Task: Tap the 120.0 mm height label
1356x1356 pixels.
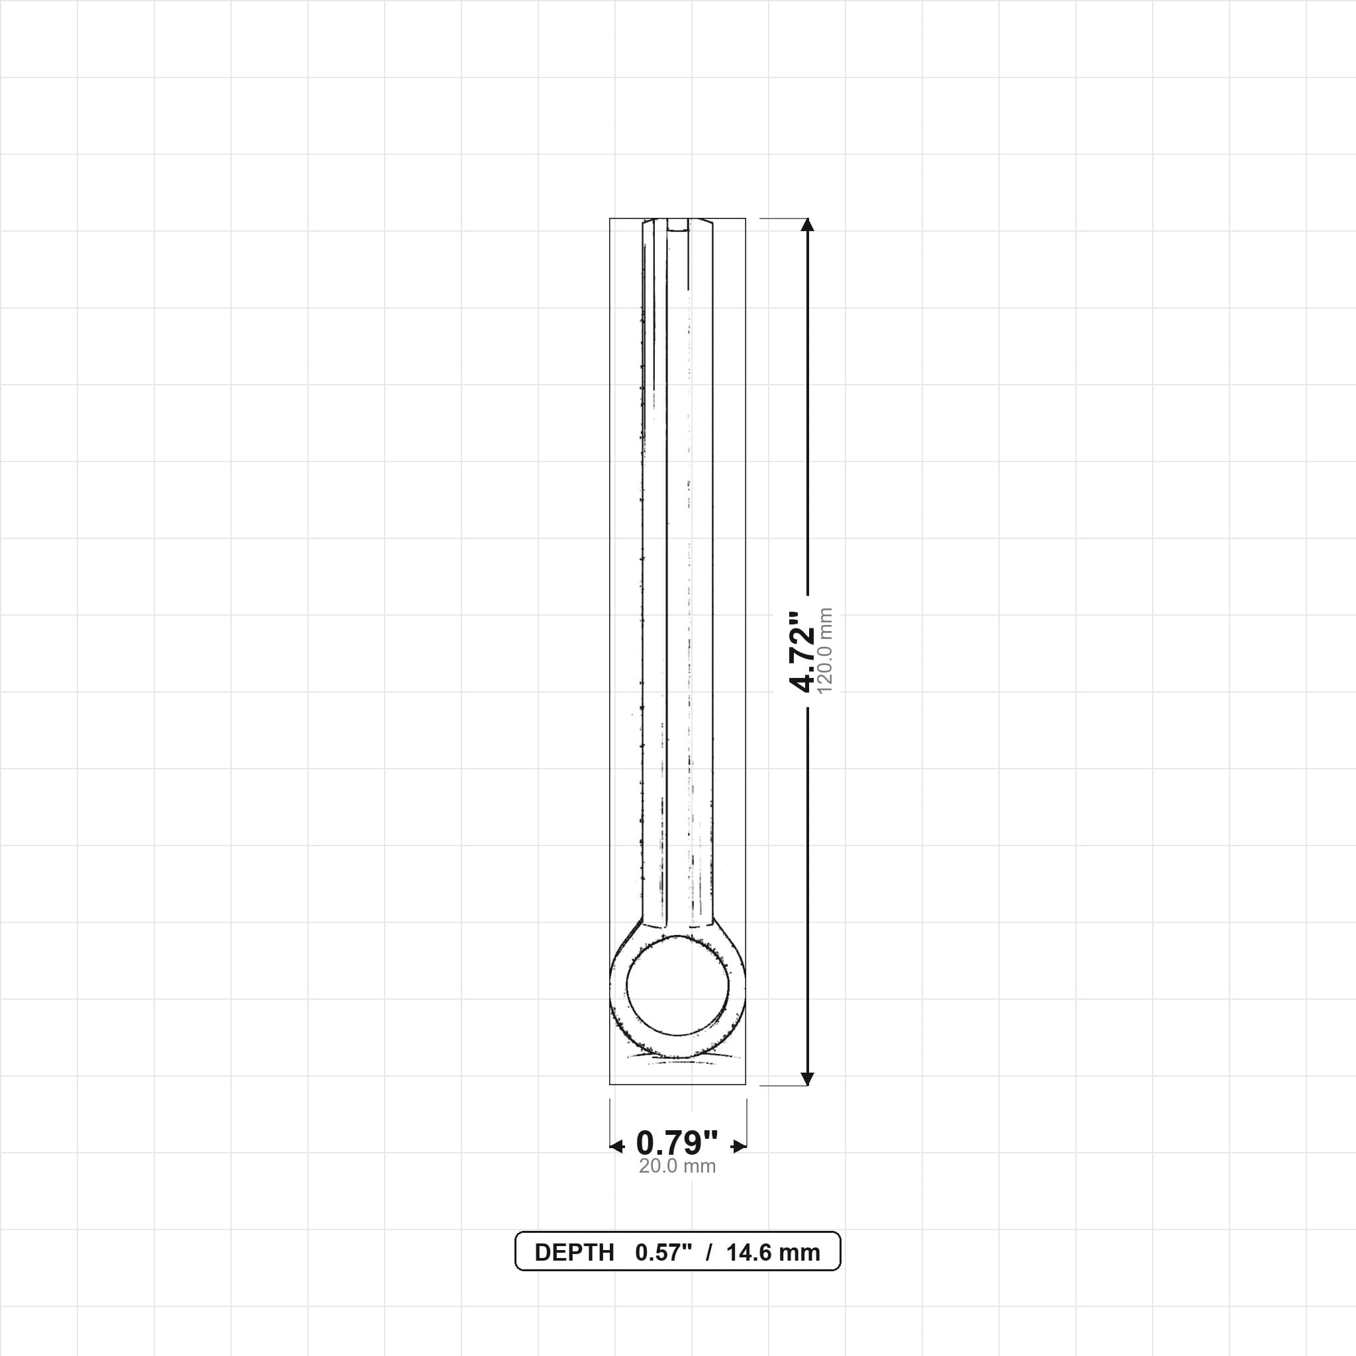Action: [x=826, y=652]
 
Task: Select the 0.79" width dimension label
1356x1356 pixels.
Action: [x=677, y=1143]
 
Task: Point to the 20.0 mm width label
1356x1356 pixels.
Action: [x=677, y=1166]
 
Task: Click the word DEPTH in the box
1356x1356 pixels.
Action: [x=574, y=1253]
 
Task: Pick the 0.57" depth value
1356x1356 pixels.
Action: [x=664, y=1253]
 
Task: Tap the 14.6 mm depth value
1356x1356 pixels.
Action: [x=773, y=1253]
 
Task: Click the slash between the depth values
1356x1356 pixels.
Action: [x=710, y=1253]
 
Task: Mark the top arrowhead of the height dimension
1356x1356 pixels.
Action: [x=808, y=224]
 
